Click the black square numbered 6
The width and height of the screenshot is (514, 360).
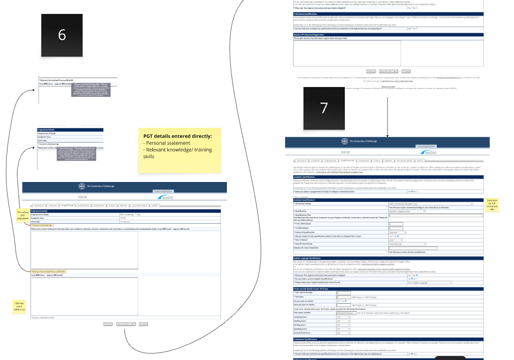pos(62,35)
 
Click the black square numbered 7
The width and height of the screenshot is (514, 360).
pos(324,108)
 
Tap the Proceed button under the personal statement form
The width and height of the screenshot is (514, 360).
pos(143,324)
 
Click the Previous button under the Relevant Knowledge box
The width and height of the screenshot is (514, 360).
pos(107,324)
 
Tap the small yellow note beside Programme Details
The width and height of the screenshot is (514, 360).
pos(22,215)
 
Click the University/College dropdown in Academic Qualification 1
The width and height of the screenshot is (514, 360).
pos(430,204)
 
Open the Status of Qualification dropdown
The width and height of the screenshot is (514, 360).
pos(398,232)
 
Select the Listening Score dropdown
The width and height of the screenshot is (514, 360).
pos(343,317)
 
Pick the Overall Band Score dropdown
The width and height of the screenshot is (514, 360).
pos(343,332)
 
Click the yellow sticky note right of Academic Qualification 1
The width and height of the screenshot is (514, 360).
pos(492,205)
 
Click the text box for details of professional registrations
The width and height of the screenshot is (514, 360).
pos(388,53)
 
